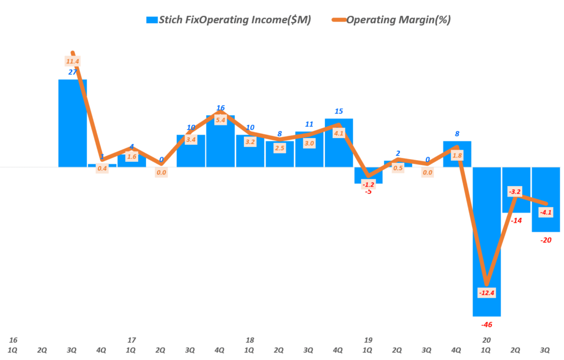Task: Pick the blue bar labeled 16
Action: [220, 141]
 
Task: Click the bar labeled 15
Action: [339, 143]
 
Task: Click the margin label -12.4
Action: [486, 292]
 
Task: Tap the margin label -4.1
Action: [546, 212]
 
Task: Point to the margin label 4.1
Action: [338, 133]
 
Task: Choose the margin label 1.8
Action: [457, 156]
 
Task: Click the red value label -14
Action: [516, 220]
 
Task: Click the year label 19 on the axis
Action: [368, 340]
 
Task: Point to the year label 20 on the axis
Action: [486, 340]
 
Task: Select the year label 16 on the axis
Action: [13, 340]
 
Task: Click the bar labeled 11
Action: [309, 149]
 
